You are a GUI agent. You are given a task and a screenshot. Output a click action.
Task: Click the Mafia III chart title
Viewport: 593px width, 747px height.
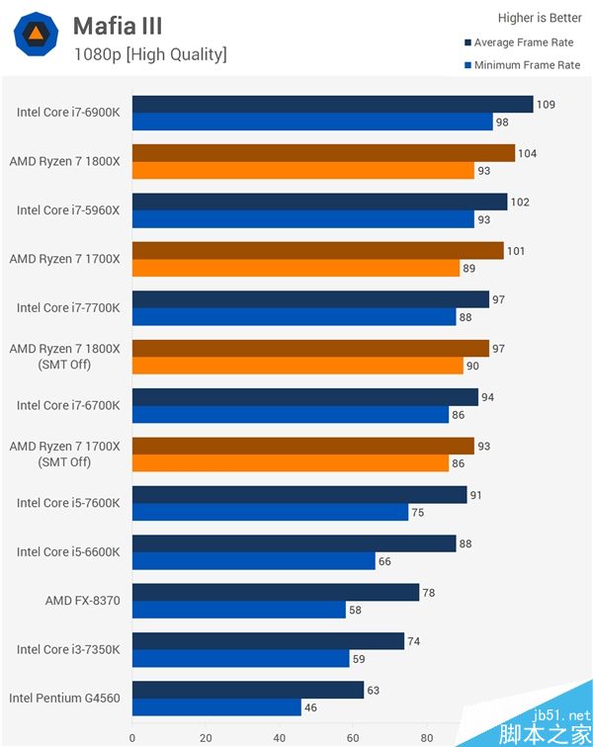tap(118, 25)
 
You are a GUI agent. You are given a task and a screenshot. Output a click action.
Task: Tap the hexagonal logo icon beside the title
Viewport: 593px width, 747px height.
tap(36, 35)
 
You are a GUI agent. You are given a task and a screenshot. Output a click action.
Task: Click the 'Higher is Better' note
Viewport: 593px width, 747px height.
tap(538, 17)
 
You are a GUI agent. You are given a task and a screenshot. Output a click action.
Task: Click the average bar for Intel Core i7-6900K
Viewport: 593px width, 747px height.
tap(332, 105)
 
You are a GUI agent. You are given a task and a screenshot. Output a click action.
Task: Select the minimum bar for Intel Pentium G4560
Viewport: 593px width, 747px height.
tap(216, 707)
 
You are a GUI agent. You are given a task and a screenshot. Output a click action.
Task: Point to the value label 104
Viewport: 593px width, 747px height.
tap(528, 153)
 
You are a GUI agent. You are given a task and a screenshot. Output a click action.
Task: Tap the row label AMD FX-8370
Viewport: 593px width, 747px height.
tap(82, 600)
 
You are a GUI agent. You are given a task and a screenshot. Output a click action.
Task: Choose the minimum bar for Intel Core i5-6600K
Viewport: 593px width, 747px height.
tap(254, 561)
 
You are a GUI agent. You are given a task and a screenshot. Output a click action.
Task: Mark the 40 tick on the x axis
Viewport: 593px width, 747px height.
tap(280, 737)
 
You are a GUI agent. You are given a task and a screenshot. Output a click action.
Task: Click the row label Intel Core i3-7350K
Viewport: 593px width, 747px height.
tap(68, 649)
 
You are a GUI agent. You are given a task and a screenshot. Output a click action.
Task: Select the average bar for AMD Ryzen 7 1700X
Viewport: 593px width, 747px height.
tap(317, 251)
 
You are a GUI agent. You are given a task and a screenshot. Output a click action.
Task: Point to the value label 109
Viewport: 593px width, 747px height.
tap(547, 104)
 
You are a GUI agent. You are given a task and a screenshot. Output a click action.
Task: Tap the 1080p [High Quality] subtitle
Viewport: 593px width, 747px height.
tap(150, 54)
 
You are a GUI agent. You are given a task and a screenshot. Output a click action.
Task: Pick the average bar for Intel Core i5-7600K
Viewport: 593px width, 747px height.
tap(299, 494)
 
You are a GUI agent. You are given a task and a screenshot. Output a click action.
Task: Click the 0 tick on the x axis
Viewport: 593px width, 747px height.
tap(132, 737)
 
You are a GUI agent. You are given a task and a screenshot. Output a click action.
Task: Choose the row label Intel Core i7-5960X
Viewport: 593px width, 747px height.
tap(68, 210)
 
